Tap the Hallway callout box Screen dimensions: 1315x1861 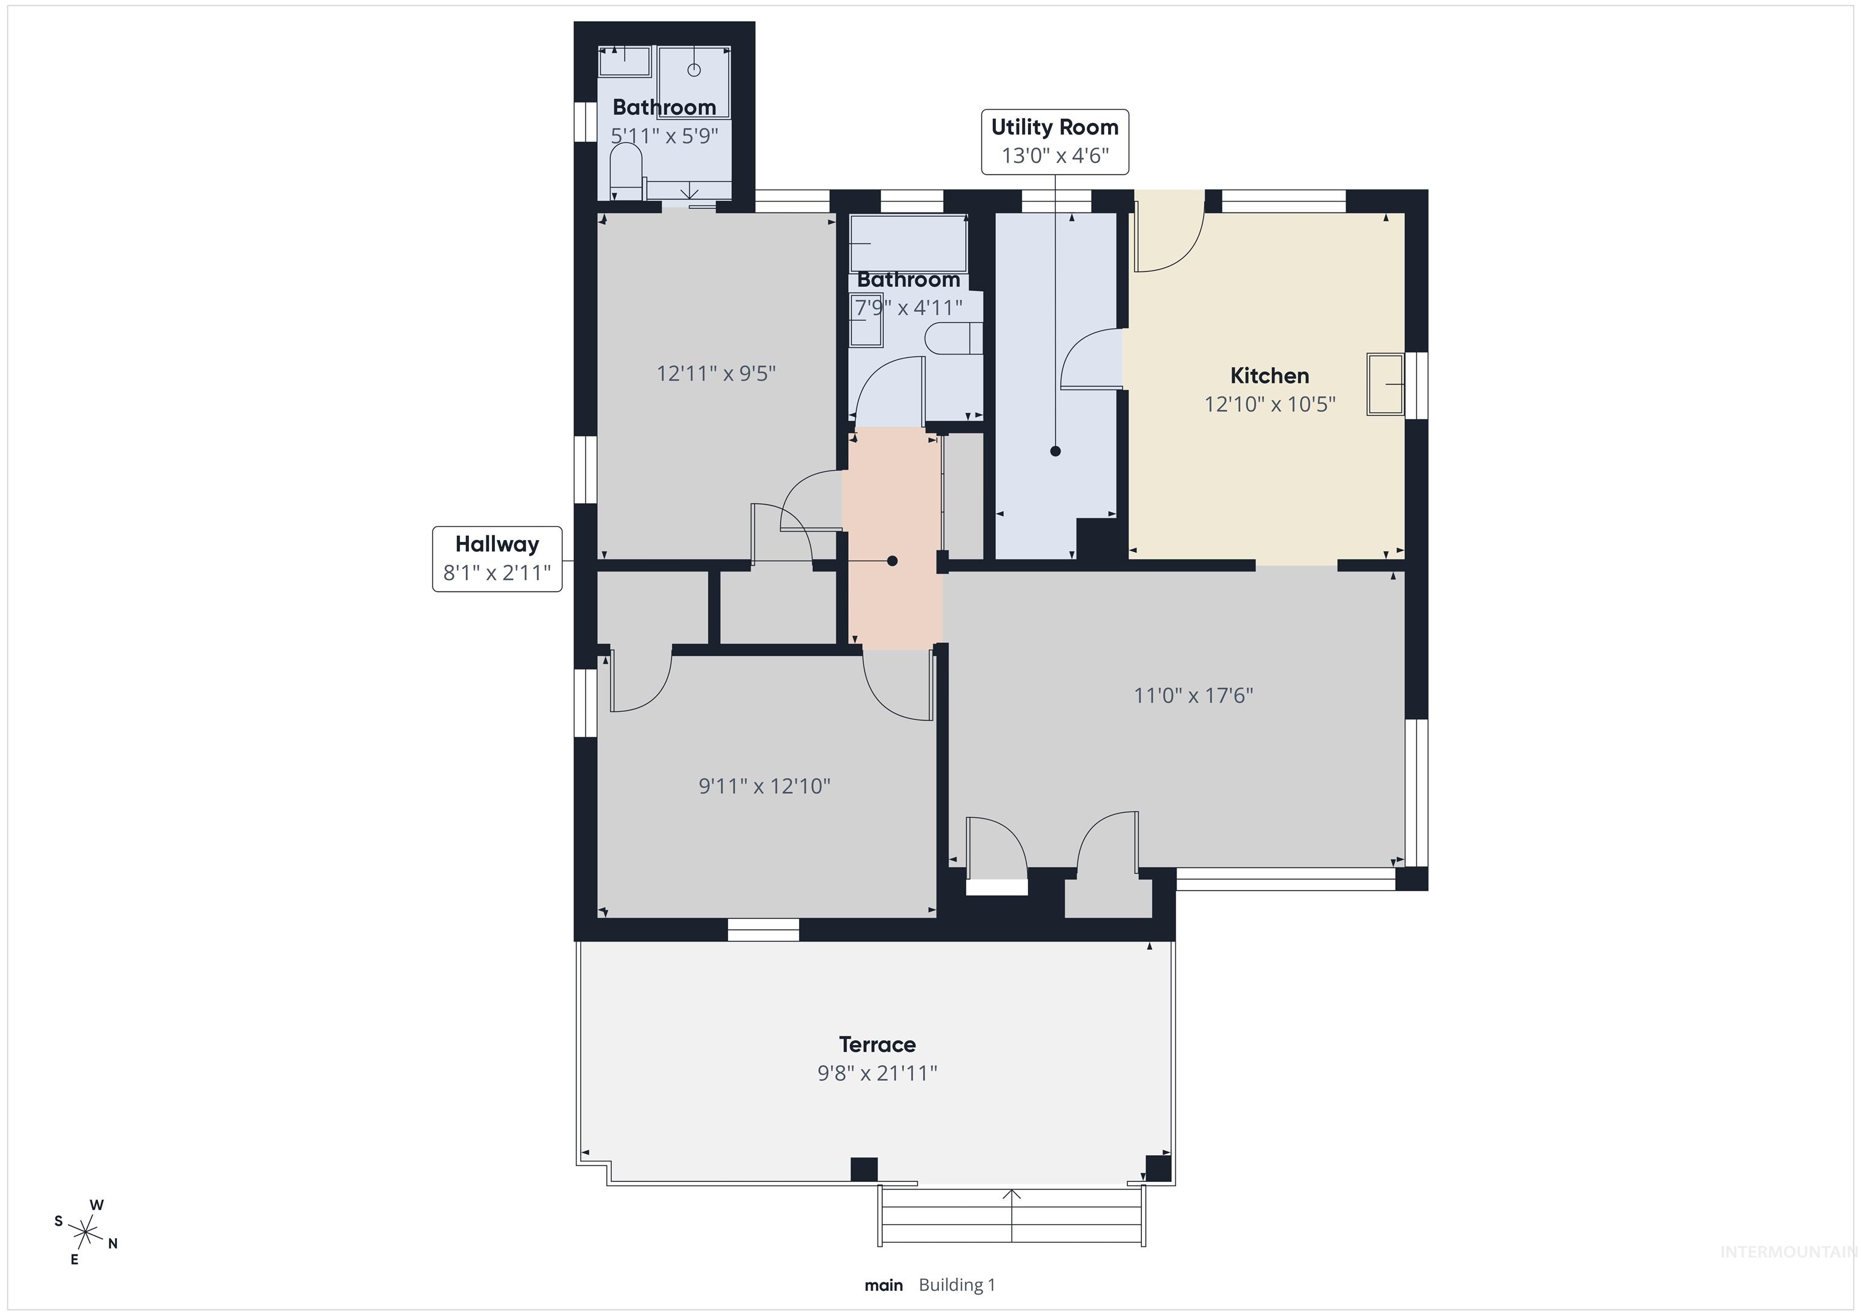(497, 558)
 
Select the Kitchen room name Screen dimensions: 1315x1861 (1269, 376)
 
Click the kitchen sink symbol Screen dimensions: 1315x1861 (1385, 384)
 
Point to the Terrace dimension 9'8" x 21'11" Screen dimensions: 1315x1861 (877, 1073)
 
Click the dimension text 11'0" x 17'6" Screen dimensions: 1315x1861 (1193, 695)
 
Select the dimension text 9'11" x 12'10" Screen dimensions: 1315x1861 (765, 786)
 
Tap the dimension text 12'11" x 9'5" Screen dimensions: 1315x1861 (715, 374)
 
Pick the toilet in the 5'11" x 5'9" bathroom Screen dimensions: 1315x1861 (626, 172)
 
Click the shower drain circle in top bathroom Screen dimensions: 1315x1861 (694, 70)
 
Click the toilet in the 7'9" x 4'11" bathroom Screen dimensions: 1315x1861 (952, 338)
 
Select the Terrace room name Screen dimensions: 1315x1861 (877, 1044)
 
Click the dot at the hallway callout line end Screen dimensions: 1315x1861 (892, 561)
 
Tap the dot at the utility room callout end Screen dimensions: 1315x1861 (1055, 451)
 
